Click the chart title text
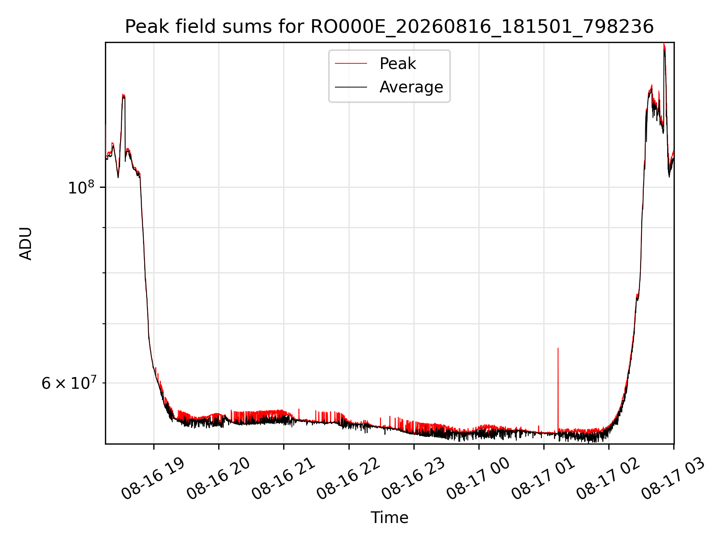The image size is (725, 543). [389, 27]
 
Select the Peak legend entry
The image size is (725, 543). [398, 63]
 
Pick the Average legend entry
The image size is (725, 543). [411, 87]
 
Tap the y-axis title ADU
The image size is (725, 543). [26, 243]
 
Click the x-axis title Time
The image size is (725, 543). [389, 517]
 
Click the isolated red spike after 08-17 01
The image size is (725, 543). [558, 388]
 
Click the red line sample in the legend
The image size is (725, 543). [351, 63]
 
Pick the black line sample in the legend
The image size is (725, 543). [351, 87]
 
